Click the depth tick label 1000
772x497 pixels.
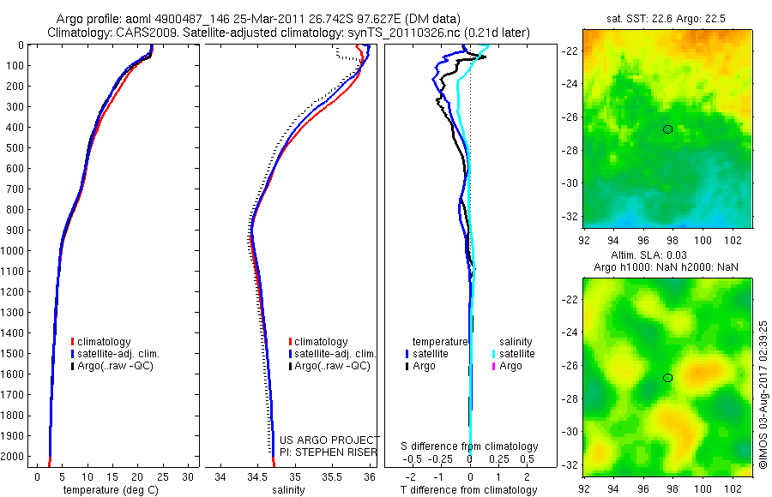point(13,251)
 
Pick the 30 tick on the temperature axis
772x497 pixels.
point(190,476)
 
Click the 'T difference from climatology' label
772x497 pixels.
point(468,490)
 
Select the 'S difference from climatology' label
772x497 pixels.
point(469,446)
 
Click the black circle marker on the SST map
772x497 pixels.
point(667,129)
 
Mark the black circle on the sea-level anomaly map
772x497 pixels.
point(667,378)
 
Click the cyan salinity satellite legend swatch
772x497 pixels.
point(493,354)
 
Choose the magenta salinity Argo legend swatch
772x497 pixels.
point(493,367)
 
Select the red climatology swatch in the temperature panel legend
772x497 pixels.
point(72,342)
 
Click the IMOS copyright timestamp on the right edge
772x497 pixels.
point(763,394)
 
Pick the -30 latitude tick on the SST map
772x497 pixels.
point(570,183)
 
